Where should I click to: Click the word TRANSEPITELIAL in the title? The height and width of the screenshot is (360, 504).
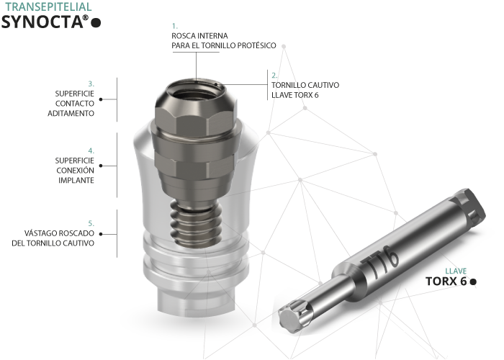(x=48, y=6)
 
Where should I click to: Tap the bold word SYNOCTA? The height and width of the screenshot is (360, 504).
(x=42, y=22)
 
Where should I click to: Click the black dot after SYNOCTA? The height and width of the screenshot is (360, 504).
(x=96, y=23)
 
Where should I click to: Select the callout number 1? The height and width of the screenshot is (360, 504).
(x=174, y=26)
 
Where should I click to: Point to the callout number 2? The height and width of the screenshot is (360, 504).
(x=274, y=76)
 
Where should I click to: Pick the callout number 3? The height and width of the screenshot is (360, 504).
(x=91, y=84)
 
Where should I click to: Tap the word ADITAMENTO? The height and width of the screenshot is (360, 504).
(x=71, y=114)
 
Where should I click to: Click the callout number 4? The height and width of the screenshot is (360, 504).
(x=91, y=150)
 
